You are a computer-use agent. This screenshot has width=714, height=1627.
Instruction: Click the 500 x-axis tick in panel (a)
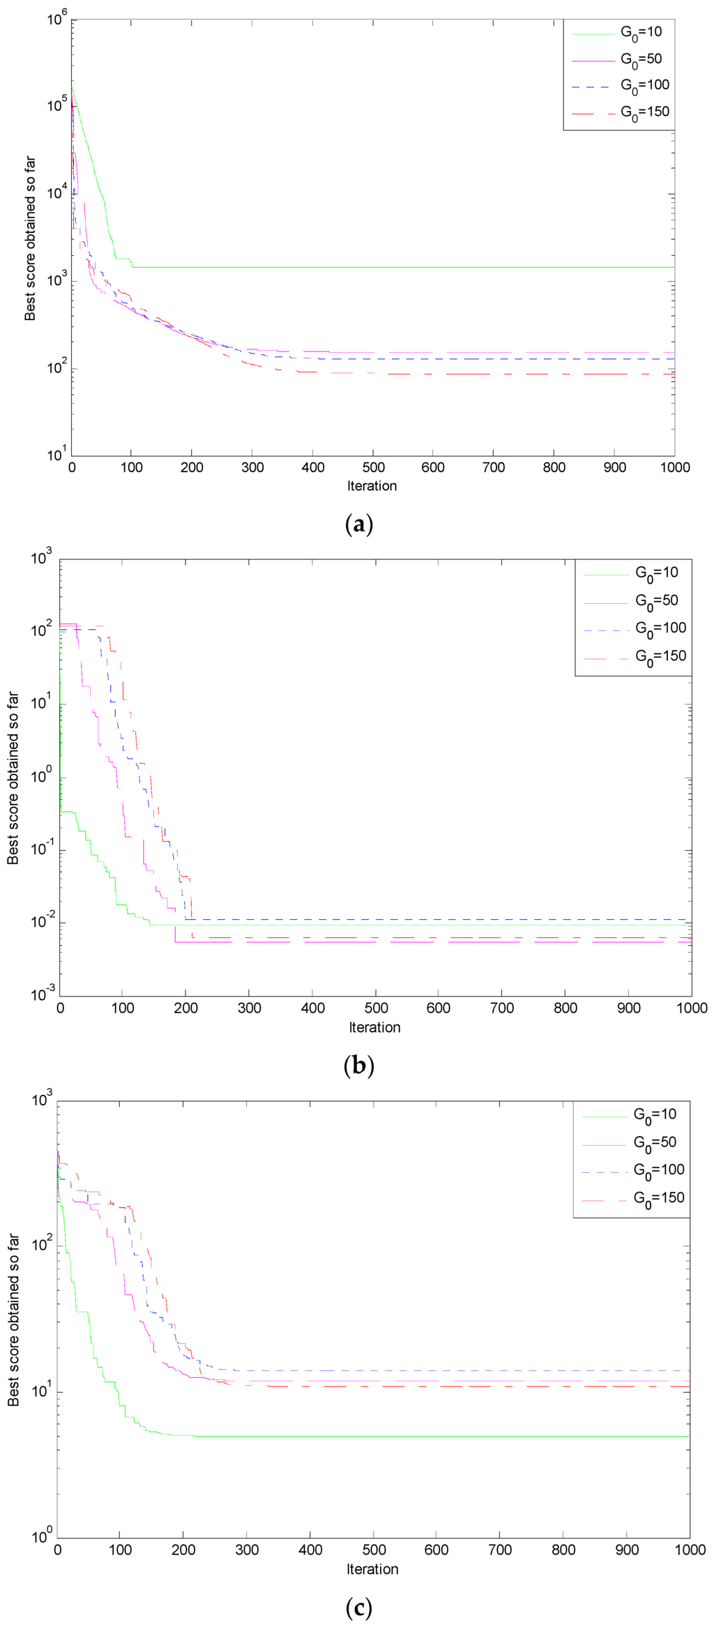373,467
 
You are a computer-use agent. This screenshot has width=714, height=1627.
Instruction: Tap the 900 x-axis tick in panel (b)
629,1008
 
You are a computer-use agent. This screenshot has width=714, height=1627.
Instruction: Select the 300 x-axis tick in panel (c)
247,1550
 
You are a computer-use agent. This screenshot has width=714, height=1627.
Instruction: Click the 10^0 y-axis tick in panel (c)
41,1536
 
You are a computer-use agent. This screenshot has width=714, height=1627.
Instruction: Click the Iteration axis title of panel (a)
372,486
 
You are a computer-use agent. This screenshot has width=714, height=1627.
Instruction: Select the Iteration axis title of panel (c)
372,1569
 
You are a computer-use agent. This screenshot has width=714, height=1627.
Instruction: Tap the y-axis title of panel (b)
13,778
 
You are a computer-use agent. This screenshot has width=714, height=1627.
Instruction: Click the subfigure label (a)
359,524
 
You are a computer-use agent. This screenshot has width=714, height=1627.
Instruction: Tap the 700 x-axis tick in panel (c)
500,1550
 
